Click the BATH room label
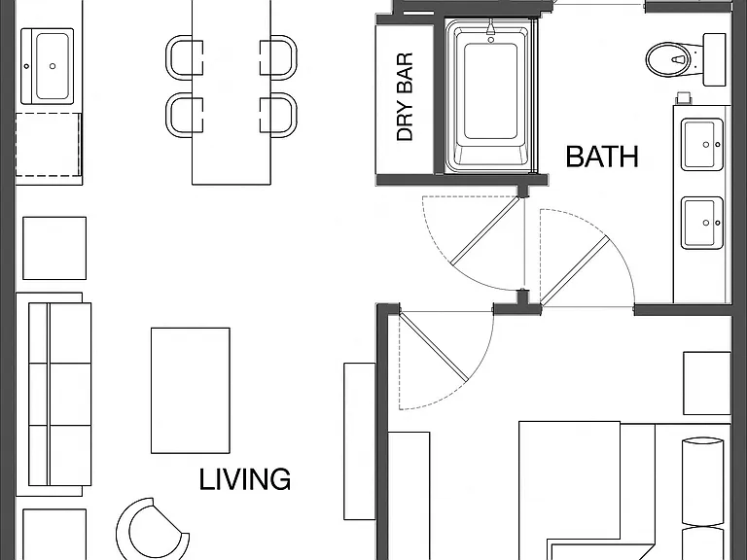coord(602,157)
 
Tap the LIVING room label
coord(244,479)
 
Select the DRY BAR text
coord(405,97)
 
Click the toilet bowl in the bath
coord(667,59)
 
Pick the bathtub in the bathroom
coord(490,95)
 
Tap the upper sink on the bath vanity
coord(702,144)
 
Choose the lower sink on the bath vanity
coord(702,223)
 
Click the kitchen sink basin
coord(53,66)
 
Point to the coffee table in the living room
coord(191,391)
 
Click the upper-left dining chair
coord(184,55)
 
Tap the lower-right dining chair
coord(279,115)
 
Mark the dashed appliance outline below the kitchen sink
coord(48,145)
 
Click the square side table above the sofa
coord(54,248)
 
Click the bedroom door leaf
coord(433,347)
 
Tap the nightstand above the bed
coord(707,383)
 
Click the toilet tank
coord(715,59)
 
